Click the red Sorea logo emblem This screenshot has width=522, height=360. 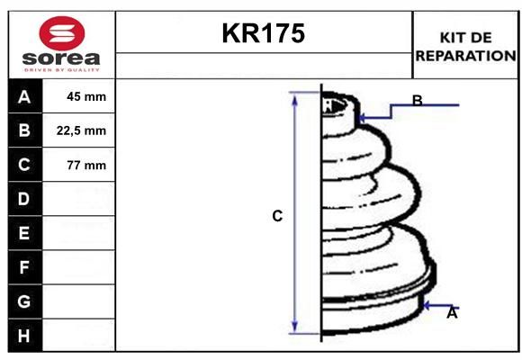pyautogui.click(x=62, y=33)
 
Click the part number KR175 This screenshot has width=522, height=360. pyautogui.click(x=264, y=33)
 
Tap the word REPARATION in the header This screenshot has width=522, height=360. pyautogui.click(x=465, y=56)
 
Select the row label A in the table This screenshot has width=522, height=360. pyautogui.click(x=24, y=97)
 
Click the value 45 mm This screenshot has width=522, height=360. pyautogui.click(x=86, y=96)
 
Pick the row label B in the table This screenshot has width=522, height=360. pyautogui.click(x=24, y=130)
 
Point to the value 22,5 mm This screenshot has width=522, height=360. pyautogui.click(x=81, y=130)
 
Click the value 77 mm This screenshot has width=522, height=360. pyautogui.click(x=86, y=165)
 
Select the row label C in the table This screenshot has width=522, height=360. pyautogui.click(x=24, y=165)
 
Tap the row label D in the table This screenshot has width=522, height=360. pyautogui.click(x=24, y=199)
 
